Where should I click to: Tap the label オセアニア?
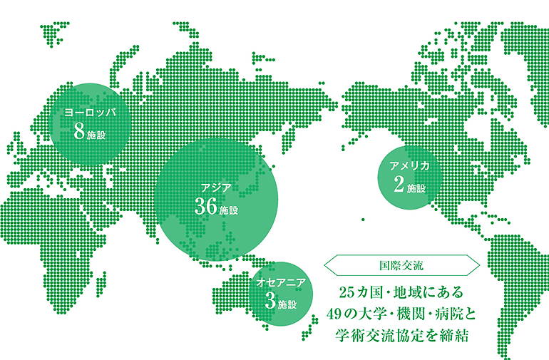[282, 283]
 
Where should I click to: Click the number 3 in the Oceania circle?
[269, 301]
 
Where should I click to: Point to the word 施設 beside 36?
[229, 212]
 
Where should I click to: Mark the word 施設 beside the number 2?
[416, 189]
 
